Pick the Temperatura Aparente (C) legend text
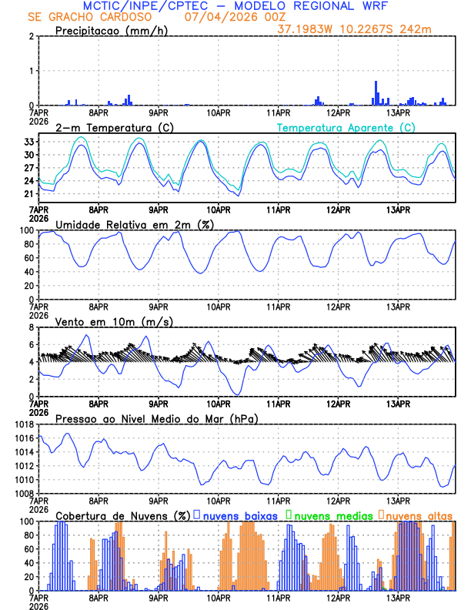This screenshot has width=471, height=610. coord(346,127)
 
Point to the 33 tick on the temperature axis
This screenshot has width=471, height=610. coord(28,142)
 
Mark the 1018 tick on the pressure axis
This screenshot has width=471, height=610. coord(22,424)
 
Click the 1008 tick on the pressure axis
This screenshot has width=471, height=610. coord(22,493)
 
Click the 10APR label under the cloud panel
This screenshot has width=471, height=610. coord(219,596)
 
